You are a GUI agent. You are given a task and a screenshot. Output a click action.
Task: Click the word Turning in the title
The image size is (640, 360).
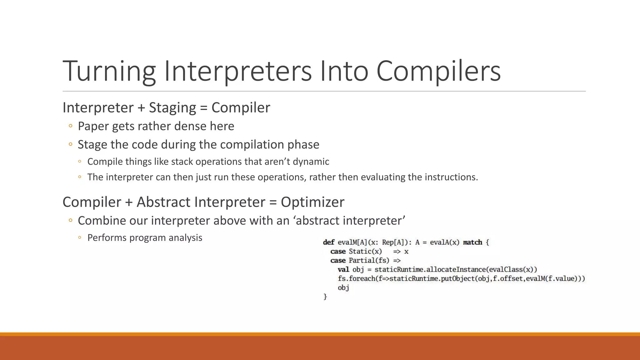point(109,71)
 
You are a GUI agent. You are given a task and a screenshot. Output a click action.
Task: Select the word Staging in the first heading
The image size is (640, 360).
point(172,108)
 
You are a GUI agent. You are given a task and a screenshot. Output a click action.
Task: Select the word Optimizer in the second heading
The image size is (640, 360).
point(312,202)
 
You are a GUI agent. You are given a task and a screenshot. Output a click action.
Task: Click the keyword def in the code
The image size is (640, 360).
point(328,242)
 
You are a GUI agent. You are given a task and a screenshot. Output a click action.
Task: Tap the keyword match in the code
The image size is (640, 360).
point(472,242)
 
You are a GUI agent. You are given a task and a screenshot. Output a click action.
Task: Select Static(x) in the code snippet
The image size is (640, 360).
point(365,251)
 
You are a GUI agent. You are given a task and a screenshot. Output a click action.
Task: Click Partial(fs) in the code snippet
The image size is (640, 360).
point(369,260)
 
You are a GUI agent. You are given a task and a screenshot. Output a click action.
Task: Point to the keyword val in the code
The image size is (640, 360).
point(343,269)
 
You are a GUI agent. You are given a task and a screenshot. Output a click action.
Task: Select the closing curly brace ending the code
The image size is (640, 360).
point(325,297)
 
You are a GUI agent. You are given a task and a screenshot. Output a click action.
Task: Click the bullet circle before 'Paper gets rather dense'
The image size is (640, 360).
point(71,126)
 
